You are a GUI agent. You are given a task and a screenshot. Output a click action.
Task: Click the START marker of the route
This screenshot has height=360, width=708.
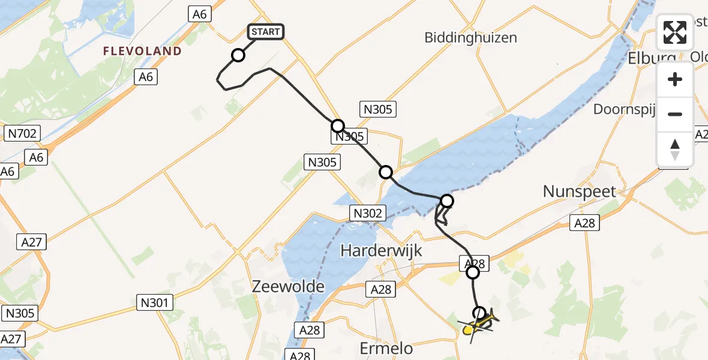point(265,32)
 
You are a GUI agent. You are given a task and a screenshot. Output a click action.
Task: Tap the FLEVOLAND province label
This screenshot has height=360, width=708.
point(142,51)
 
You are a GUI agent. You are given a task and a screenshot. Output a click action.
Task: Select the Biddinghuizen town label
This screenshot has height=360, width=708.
point(470,37)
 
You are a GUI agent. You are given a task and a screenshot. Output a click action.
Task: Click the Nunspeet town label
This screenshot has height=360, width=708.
point(580,191)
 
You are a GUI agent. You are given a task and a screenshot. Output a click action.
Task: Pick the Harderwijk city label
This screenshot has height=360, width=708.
point(382,251)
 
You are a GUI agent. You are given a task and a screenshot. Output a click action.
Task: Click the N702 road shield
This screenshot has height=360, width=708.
point(22,133)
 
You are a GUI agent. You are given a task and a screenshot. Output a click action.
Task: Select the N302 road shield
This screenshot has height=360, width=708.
point(367,212)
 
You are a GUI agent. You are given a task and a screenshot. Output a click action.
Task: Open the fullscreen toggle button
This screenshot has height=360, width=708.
point(675,32)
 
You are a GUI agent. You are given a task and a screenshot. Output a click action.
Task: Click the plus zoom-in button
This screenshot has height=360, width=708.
point(675,80)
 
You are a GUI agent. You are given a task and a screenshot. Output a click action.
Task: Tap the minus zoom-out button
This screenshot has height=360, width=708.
point(675,114)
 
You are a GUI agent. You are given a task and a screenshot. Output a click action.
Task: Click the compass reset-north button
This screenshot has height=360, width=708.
point(675,149)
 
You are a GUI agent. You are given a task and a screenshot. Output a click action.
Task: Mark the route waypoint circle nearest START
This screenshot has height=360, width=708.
point(238,56)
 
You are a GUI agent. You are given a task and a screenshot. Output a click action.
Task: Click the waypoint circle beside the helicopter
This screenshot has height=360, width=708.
point(479,313)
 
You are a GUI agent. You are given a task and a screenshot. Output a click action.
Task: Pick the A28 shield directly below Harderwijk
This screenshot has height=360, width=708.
point(381,290)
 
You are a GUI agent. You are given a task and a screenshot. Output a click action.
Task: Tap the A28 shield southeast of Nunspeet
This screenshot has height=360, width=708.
point(584,223)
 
